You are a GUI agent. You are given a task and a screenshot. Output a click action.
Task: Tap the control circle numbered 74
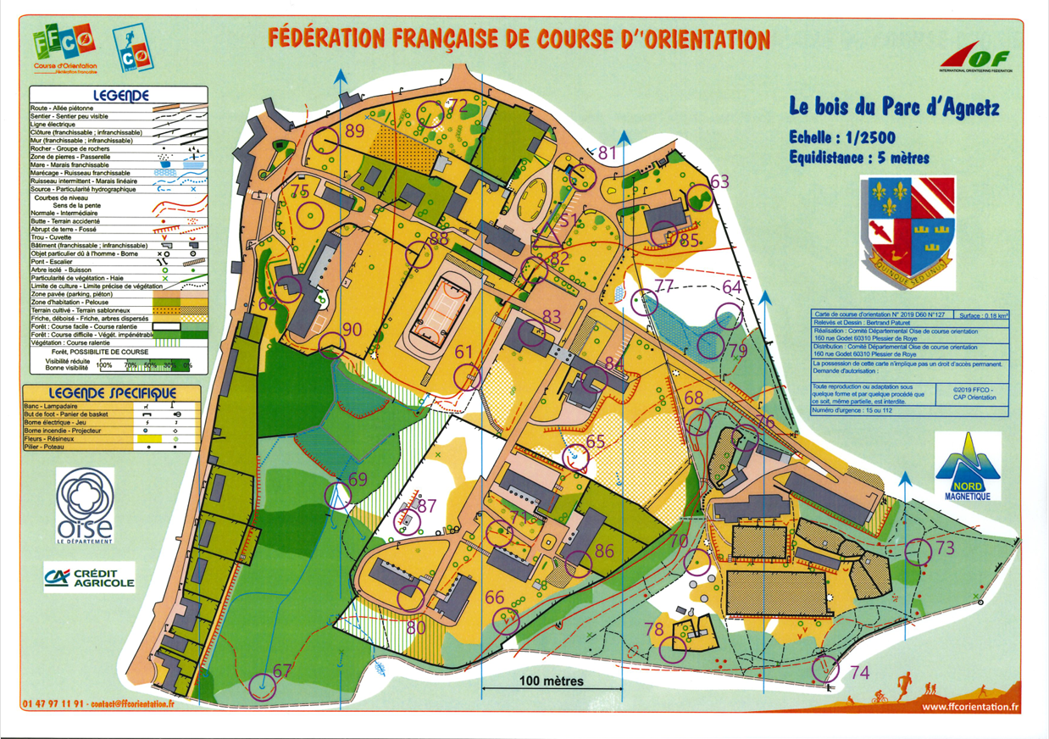825,670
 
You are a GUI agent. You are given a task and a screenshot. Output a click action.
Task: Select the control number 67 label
282,671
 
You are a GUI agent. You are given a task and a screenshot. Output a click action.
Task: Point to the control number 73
945,548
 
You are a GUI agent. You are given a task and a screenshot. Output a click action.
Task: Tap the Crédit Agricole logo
89,578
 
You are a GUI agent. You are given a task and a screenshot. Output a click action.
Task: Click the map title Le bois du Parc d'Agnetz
894,108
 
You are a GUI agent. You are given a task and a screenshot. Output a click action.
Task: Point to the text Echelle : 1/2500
841,138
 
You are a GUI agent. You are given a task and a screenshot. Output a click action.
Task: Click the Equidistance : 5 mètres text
858,157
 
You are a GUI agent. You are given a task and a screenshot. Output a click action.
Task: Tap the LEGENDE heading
121,96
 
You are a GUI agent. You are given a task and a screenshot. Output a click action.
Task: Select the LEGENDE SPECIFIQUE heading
112,393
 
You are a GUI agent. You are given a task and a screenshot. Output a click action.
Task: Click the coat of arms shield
908,229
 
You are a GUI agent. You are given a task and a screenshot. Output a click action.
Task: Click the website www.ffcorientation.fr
969,708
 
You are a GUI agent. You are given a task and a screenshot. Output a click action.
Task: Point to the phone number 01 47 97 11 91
53,703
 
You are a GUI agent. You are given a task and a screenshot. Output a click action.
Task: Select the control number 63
719,181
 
